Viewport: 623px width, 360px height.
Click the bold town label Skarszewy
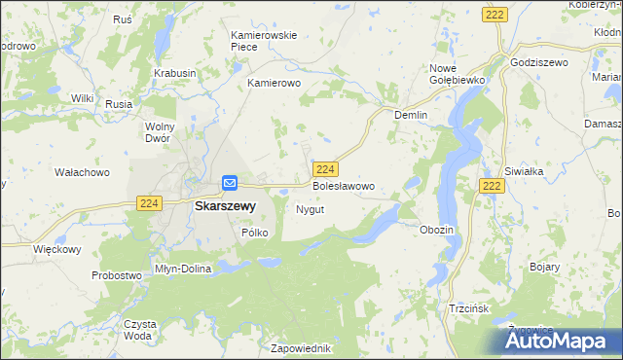pos(225,206)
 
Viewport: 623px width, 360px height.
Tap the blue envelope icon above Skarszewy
pos(230,182)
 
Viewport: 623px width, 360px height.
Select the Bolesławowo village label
pos(343,185)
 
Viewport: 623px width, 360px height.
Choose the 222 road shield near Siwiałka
pos(492,186)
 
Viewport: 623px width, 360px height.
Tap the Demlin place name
pos(411,114)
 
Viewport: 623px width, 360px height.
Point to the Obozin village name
pos(436,230)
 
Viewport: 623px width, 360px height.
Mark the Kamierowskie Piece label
pos(263,42)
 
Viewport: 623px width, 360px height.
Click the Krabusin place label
pos(174,73)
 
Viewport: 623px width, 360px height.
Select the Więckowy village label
pos(56,249)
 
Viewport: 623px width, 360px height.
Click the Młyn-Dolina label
pos(183,269)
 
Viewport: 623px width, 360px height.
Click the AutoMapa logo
pos(559,340)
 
